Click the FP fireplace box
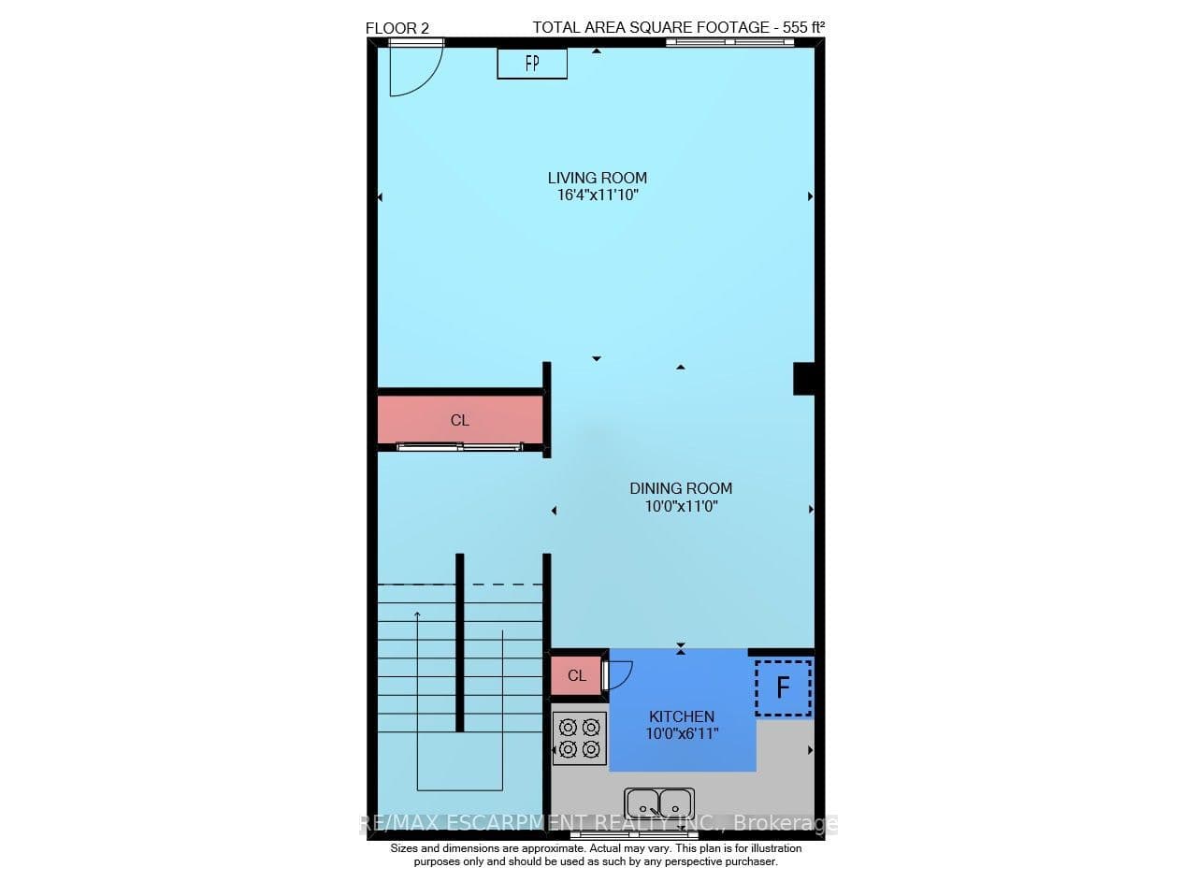532,64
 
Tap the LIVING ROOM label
597,178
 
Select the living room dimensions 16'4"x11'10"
598,195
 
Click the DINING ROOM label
681,488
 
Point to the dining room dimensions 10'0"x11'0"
682,506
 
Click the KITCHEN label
682,716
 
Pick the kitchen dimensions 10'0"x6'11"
682,734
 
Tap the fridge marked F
784,688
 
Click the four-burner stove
579,738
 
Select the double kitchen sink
659,805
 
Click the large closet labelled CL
460,420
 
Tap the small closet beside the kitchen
577,675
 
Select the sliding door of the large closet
459,447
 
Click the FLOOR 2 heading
397,28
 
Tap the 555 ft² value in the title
803,27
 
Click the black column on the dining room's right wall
803,379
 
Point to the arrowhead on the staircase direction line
417,615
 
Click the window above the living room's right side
730,42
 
